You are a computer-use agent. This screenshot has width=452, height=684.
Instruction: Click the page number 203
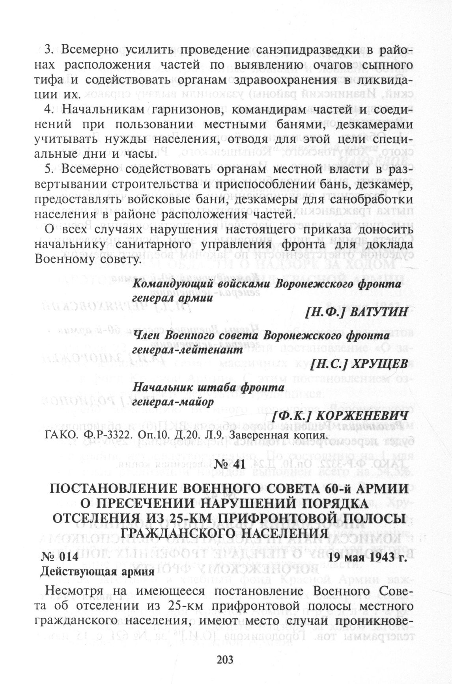pos(226,659)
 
